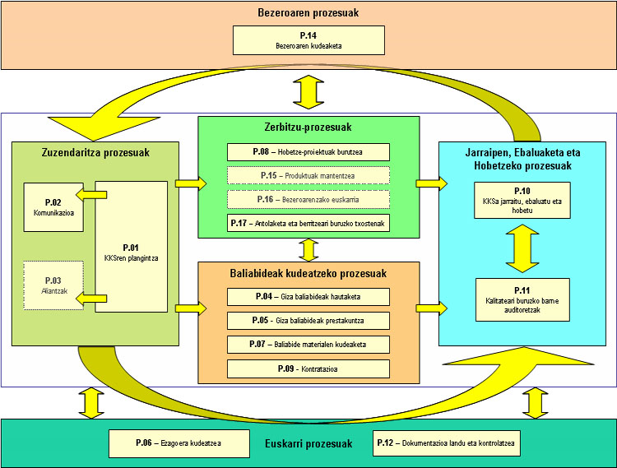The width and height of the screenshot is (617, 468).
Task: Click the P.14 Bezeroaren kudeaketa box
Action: [308, 40]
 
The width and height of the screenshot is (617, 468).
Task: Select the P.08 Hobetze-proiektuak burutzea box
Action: [308, 152]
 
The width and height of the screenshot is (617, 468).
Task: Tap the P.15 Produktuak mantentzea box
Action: [308, 176]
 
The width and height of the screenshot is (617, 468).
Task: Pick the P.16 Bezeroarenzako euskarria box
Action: [308, 200]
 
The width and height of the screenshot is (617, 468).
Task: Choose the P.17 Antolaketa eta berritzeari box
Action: [308, 223]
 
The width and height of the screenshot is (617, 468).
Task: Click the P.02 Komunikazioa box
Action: [53, 206]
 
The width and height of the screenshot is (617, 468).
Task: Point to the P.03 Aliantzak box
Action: [53, 285]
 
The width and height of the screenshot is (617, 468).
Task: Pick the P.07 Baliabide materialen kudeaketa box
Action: [308, 345]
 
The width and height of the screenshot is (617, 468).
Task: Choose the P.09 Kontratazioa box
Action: [308, 369]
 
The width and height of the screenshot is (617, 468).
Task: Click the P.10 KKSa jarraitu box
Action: [522, 200]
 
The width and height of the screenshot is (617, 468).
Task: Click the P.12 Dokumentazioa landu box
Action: [447, 443]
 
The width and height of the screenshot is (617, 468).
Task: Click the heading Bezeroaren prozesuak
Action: [308, 13]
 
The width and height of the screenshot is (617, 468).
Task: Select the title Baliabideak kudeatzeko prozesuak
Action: [308, 273]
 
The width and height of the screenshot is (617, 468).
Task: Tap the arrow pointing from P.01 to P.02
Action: [90, 195]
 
